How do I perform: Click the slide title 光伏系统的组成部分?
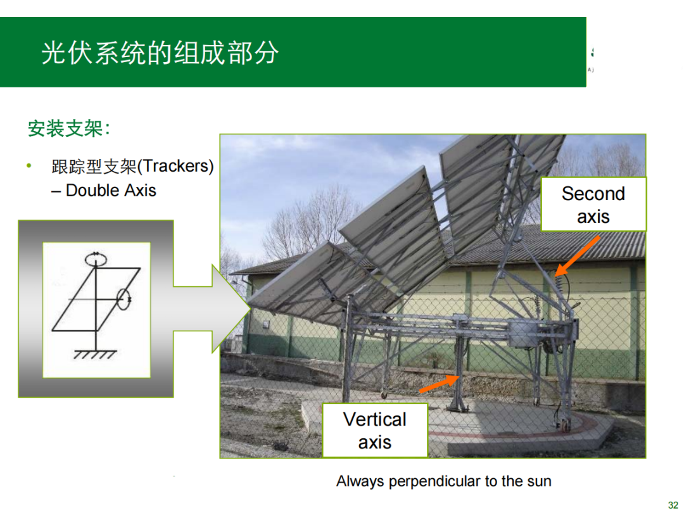[x=160, y=53]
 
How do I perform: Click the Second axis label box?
[x=593, y=204]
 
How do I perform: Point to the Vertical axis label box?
[x=375, y=431]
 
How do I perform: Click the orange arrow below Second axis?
[x=577, y=256]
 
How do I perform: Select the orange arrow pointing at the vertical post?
[x=439, y=383]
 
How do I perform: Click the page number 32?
[x=673, y=505]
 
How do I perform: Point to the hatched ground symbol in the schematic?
[x=95, y=354]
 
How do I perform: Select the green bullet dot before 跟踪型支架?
[x=28, y=165]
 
